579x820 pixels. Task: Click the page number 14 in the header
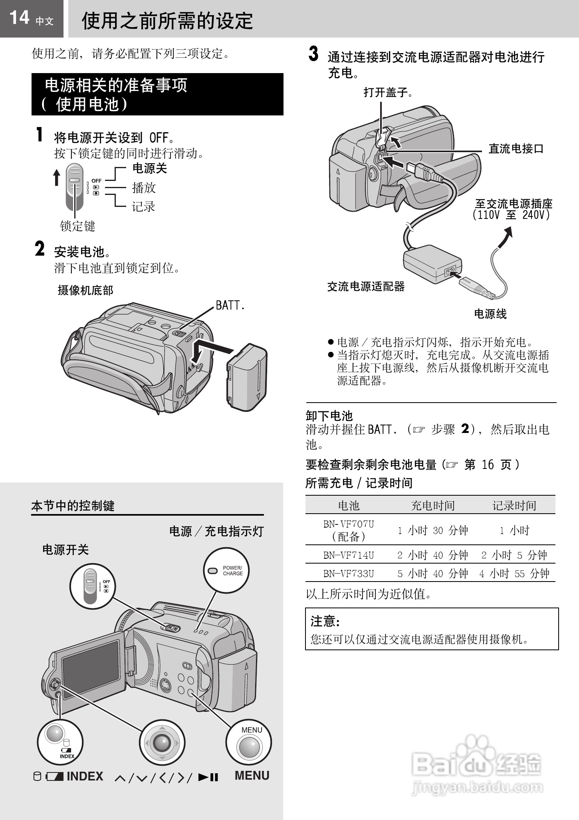[19, 18]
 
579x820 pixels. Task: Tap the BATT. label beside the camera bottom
[230, 306]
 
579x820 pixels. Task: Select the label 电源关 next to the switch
[149, 169]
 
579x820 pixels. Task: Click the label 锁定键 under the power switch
[77, 226]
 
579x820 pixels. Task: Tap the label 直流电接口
[516, 149]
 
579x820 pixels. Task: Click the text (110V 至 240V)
[512, 215]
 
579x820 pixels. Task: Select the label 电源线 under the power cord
[490, 314]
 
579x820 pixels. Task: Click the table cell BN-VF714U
[349, 555]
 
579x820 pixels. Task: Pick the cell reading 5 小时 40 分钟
[432, 574]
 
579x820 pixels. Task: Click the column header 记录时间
[514, 506]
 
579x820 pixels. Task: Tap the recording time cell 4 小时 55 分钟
[514, 574]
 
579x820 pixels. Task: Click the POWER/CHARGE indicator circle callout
[226, 570]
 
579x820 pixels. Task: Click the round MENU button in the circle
[248, 747]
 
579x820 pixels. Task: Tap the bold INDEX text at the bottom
[85, 776]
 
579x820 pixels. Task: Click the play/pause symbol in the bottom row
[208, 777]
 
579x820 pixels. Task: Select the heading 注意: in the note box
[325, 621]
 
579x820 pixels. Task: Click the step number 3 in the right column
[314, 55]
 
